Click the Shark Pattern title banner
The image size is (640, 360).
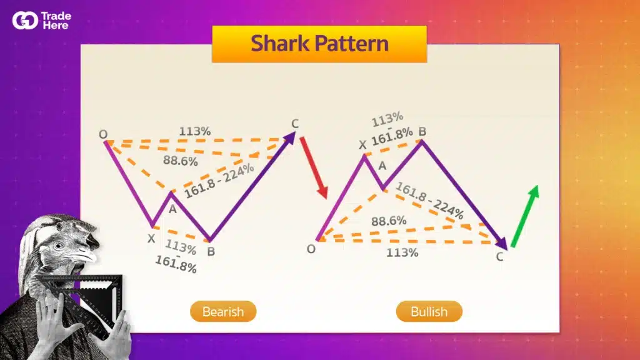[319, 44]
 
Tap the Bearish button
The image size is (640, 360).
[223, 311]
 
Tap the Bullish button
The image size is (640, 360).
[429, 311]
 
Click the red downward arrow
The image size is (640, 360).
[313, 167]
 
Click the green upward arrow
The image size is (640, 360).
[524, 216]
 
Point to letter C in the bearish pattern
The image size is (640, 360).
[296, 122]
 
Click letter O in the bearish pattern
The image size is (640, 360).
[102, 134]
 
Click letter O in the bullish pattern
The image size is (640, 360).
[311, 249]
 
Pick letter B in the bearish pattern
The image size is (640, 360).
[211, 252]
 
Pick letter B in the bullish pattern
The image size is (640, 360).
[422, 131]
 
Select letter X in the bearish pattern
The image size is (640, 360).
[151, 237]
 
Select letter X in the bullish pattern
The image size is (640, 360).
[362, 145]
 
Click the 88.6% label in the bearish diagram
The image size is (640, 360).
[181, 161]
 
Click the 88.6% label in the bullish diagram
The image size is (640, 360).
[389, 221]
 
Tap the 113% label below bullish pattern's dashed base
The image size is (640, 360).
[402, 252]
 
